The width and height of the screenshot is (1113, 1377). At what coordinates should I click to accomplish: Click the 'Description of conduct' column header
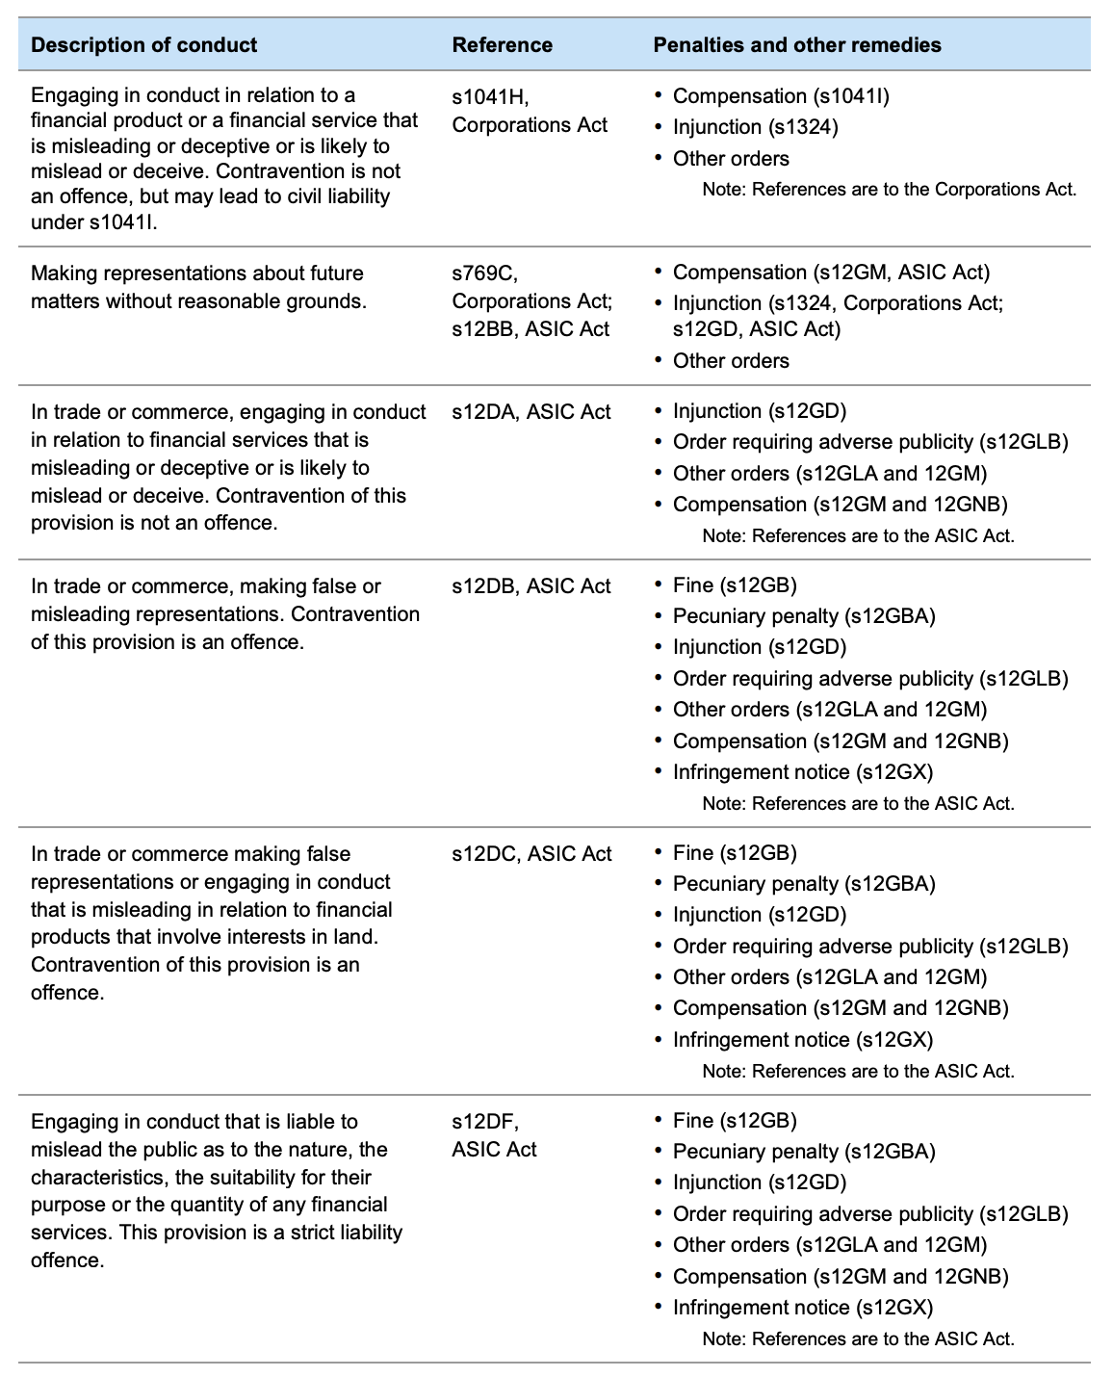143,44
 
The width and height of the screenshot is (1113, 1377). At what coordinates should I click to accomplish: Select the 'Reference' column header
502,44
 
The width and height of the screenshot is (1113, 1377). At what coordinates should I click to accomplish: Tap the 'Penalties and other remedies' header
797,44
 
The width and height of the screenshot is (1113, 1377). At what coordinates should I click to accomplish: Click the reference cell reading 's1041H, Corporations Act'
530,111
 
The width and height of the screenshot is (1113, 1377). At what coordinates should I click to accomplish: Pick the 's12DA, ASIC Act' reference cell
531,412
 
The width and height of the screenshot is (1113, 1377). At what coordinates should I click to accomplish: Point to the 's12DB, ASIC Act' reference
531,586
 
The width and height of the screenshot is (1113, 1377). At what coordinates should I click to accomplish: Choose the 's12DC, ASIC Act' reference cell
531,854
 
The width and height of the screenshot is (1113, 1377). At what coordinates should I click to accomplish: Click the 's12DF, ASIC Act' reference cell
495,1135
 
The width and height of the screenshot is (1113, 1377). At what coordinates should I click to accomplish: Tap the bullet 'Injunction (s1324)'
755,127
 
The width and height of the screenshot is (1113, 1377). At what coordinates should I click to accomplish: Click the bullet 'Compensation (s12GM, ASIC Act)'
831,273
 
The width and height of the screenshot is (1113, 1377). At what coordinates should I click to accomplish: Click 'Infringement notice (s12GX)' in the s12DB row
802,772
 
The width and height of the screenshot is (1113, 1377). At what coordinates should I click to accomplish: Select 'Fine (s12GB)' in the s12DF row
735,1121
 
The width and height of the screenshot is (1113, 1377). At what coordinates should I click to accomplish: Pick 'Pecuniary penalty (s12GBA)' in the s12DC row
804,884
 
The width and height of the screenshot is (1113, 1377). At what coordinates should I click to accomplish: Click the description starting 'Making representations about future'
198,287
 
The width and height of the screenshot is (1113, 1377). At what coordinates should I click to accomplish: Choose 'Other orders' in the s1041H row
731,159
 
